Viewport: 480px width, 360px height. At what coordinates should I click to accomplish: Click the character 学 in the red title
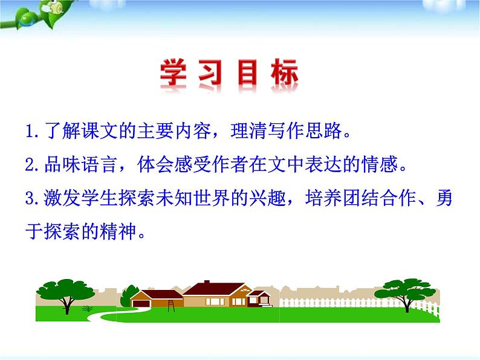point(175,76)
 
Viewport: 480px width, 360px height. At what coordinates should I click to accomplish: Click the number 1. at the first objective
point(34,131)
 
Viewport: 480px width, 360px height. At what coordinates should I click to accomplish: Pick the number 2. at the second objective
point(34,165)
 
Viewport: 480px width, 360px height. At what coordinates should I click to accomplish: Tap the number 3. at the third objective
point(34,199)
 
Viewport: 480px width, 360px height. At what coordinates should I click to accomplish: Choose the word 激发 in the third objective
point(61,199)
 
